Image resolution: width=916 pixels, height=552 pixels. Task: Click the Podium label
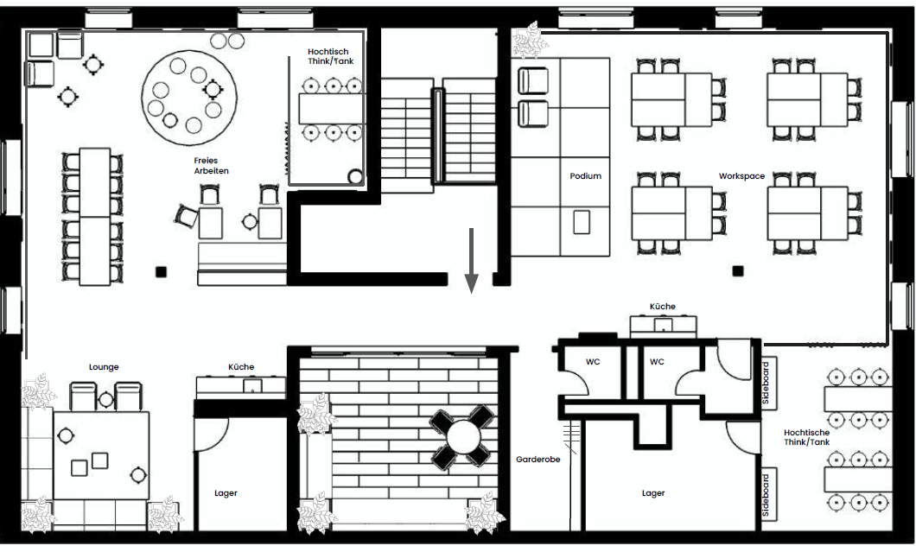(x=585, y=176)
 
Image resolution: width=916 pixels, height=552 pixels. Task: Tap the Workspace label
(x=741, y=176)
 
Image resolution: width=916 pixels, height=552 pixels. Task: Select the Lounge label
(x=104, y=367)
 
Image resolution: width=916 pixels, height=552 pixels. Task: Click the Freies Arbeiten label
(x=212, y=165)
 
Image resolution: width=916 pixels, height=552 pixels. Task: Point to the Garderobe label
(x=538, y=460)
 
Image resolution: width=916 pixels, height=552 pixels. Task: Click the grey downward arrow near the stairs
(x=472, y=261)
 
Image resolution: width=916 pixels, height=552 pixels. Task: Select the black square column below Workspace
(x=738, y=270)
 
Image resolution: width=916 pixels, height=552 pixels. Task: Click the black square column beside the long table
(x=161, y=271)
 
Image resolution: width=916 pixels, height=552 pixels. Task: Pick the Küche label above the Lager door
(x=241, y=367)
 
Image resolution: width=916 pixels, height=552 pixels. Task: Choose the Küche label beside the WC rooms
(x=663, y=306)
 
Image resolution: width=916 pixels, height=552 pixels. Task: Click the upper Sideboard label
(x=766, y=383)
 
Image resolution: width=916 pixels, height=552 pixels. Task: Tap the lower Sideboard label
(x=766, y=494)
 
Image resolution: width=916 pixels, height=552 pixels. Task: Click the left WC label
(x=593, y=362)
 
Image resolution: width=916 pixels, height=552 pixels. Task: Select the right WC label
(x=657, y=362)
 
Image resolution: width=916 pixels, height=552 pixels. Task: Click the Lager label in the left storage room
(x=226, y=493)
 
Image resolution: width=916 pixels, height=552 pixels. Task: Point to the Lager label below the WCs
(x=653, y=493)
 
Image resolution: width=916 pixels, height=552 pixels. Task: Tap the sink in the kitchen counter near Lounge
(x=253, y=385)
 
